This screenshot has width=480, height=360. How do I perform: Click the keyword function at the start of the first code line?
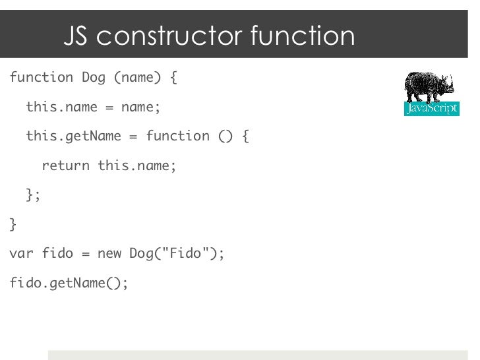(42, 78)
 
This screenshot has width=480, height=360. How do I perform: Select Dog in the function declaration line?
(93, 78)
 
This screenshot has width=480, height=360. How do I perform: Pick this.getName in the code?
(73, 136)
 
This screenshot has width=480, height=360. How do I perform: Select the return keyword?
(65, 165)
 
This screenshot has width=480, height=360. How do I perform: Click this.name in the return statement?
(135, 165)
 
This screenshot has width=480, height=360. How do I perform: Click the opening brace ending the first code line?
(173, 78)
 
